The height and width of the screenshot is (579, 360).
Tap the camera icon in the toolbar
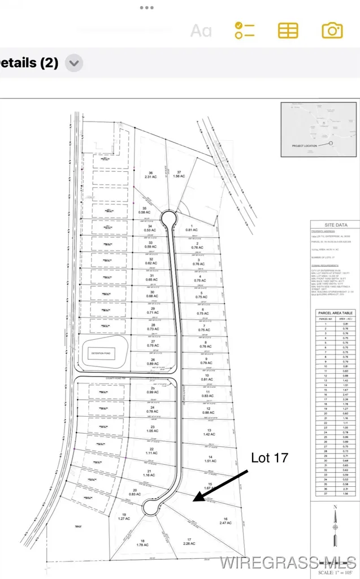click(x=332, y=30)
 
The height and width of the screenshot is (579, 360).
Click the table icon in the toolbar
click(x=288, y=30)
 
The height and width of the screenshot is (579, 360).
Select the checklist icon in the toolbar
click(x=245, y=30)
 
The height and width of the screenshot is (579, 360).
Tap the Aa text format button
click(x=201, y=30)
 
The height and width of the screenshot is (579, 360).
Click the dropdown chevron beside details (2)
click(x=74, y=63)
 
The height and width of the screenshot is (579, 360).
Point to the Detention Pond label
click(x=104, y=352)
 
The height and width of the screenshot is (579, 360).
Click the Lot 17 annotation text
click(x=270, y=458)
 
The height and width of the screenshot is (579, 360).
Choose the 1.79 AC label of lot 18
click(x=142, y=544)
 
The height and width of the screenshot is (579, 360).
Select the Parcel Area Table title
click(x=335, y=313)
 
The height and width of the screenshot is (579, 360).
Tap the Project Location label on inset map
click(x=306, y=145)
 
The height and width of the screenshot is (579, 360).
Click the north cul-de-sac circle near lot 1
click(x=168, y=217)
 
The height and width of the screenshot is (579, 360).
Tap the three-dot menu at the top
click(x=147, y=8)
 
